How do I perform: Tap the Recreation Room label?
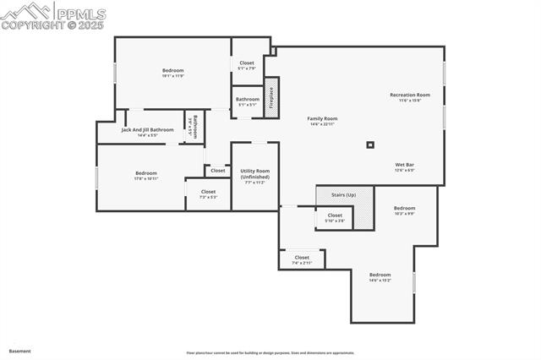(410, 95)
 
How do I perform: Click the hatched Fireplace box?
(271, 97)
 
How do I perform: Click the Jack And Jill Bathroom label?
(147, 130)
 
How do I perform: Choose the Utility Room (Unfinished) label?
(254, 174)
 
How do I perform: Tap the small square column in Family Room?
(369, 145)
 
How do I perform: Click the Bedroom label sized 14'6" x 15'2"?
(380, 275)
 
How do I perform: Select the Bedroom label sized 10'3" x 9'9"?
(404, 208)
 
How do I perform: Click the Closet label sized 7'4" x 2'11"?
(302, 258)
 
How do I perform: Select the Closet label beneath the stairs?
(335, 215)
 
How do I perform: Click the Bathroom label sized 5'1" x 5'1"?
(248, 100)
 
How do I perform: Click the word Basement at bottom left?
(19, 351)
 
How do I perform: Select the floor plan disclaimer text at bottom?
(270, 352)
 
